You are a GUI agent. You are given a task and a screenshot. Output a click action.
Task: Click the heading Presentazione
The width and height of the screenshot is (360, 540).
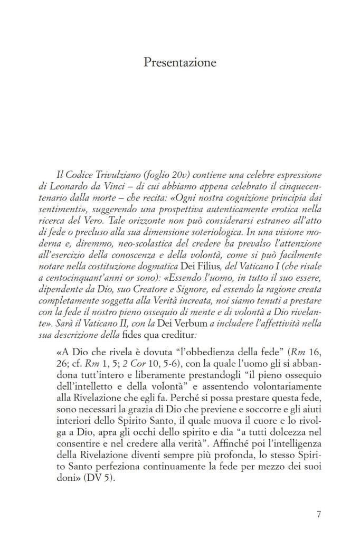pyautogui.click(x=180, y=63)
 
